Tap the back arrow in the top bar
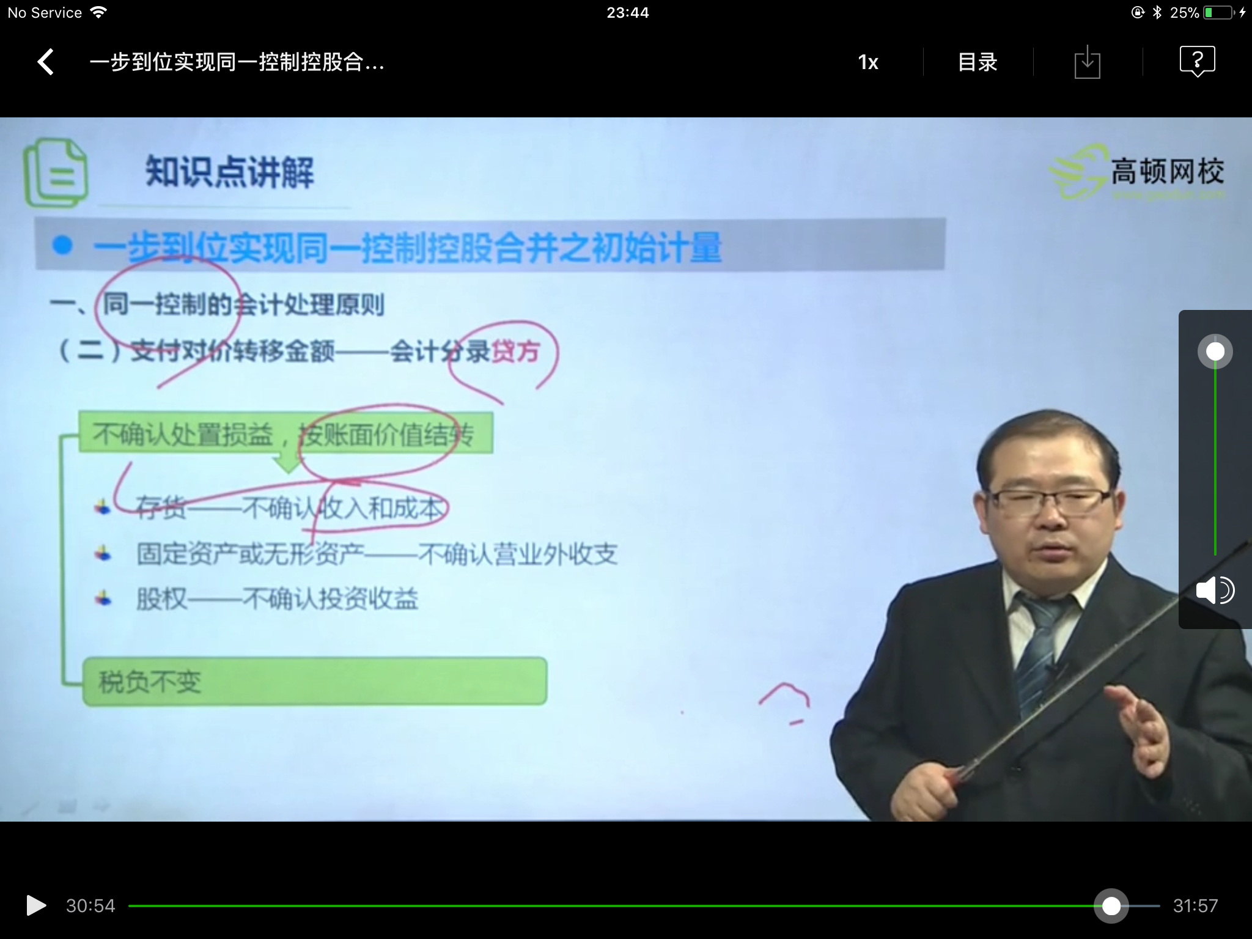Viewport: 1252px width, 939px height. click(x=46, y=62)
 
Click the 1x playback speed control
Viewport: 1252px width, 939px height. click(x=868, y=62)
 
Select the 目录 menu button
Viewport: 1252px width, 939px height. click(x=978, y=62)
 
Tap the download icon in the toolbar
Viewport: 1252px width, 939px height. click(x=1087, y=62)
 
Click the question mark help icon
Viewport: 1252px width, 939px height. click(x=1197, y=61)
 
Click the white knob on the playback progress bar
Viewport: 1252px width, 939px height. click(x=1111, y=906)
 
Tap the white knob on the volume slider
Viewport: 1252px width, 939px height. click(x=1215, y=352)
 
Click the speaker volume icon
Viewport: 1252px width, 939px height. click(x=1215, y=591)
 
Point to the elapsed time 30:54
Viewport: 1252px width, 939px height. click(x=90, y=906)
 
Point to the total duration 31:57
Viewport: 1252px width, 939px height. click(x=1195, y=906)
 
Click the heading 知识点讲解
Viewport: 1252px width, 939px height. click(x=229, y=172)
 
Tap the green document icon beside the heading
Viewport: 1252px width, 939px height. click(x=55, y=173)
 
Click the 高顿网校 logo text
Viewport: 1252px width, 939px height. click(x=1167, y=171)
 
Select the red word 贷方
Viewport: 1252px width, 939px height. click(x=515, y=352)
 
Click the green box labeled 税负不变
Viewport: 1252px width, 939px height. click(x=314, y=681)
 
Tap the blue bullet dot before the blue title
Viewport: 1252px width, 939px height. click(x=62, y=245)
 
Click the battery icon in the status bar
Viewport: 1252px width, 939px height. click(x=1219, y=12)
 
